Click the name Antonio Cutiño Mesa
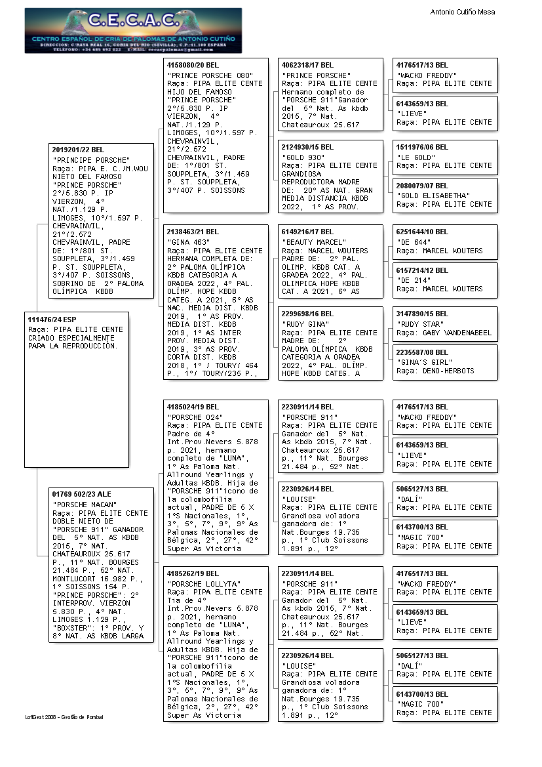click(462, 12)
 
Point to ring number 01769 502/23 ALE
click(81, 494)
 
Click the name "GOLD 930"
click(304, 157)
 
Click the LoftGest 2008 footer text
click(64, 717)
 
